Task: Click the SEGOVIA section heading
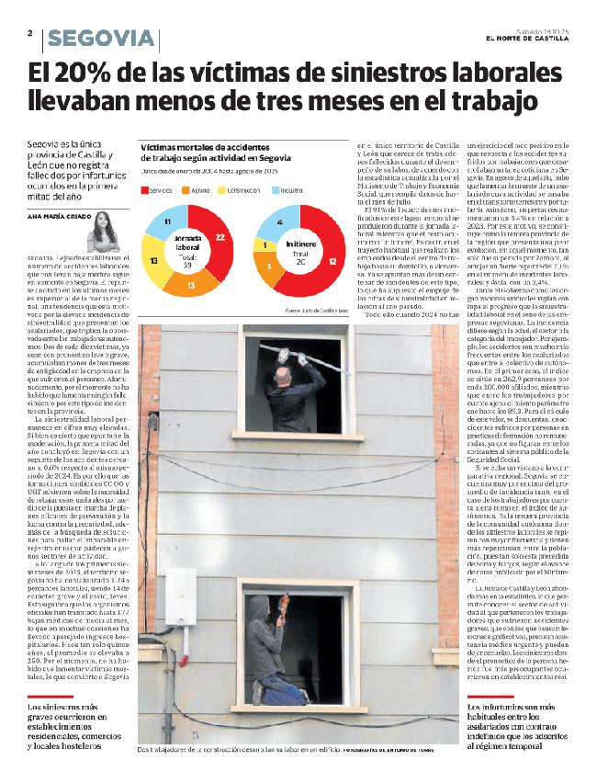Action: click(x=100, y=39)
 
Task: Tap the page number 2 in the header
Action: click(x=30, y=33)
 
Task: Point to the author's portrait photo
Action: click(x=101, y=232)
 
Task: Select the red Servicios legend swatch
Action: click(x=146, y=189)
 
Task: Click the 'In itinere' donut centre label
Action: click(x=298, y=247)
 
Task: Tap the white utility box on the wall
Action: click(x=181, y=596)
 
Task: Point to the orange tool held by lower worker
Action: click(x=285, y=605)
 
